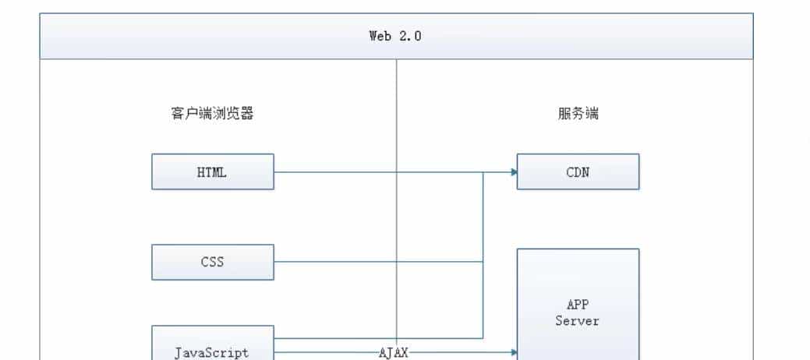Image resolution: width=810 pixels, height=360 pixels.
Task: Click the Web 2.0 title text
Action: pos(395,36)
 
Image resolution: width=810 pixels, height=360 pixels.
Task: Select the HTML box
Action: pos(213,171)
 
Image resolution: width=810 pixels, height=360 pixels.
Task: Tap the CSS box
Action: pos(213,262)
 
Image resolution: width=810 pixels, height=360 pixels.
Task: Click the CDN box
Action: pos(578,171)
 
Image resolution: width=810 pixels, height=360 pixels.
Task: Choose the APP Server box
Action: pos(578,304)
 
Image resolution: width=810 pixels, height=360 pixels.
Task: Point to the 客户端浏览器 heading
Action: pos(212,114)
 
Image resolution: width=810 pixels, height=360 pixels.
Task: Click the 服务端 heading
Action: pos(578,114)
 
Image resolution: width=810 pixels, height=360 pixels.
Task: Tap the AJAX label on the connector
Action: pos(394,353)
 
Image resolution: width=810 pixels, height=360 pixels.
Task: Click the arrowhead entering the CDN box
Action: pos(514,171)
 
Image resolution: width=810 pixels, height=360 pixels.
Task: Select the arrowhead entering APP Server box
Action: pos(514,352)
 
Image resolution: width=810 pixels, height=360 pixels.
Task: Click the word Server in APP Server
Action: pos(578,320)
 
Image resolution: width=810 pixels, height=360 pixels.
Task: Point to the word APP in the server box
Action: pos(578,305)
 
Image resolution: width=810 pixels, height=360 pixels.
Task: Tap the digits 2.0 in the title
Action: pos(410,36)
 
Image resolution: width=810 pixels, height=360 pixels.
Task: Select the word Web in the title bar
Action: pos(380,36)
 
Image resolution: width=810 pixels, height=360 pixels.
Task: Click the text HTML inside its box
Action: pos(212,172)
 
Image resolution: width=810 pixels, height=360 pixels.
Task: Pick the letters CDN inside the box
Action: pos(578,172)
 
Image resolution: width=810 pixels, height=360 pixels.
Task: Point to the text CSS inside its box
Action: pos(212,263)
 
